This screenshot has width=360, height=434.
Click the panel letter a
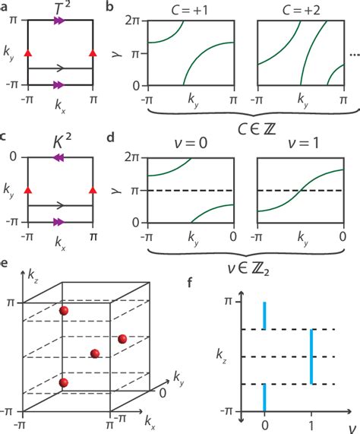(5, 7)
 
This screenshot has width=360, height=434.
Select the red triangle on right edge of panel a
(93, 52)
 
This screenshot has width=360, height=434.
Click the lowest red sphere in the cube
(64, 382)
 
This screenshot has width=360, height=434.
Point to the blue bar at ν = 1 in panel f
(311, 356)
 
